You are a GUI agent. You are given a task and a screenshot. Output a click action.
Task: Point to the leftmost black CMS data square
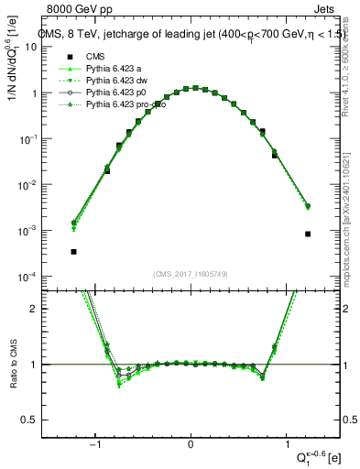pos(73,251)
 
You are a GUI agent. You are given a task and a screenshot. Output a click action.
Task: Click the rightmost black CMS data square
pos(308,234)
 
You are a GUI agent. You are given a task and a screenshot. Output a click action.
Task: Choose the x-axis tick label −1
pos(95,444)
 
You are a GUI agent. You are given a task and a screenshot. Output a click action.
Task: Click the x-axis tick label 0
pos(191,444)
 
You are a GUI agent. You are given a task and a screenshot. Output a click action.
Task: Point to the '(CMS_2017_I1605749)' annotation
pos(191,273)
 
